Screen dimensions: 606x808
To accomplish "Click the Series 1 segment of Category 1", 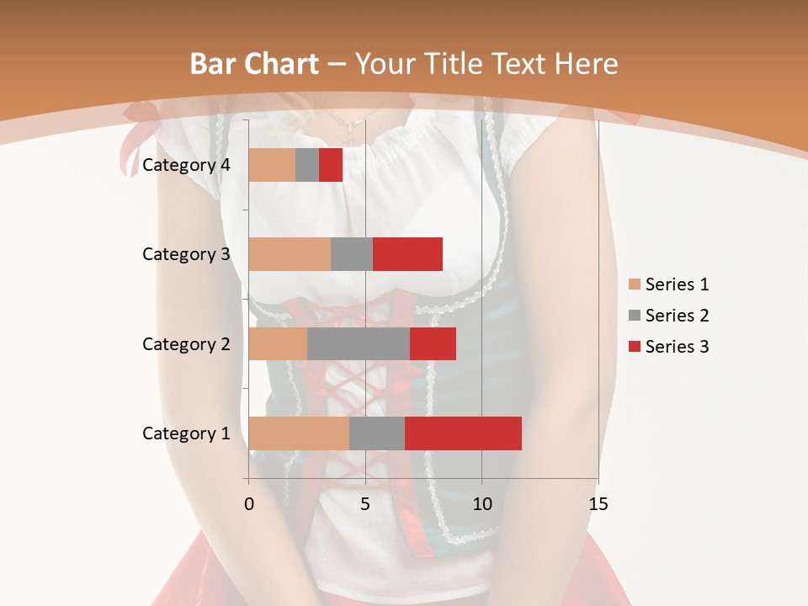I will click(x=299, y=433).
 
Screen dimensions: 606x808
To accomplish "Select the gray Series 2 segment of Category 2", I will click(x=359, y=343).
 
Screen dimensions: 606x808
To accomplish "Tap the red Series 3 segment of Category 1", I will click(x=463, y=433).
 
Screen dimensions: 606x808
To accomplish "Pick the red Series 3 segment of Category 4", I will click(x=331, y=165).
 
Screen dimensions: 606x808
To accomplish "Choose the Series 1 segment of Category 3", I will click(x=290, y=254).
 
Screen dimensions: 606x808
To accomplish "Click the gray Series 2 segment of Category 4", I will click(x=307, y=165).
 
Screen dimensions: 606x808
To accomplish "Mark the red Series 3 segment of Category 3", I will click(x=407, y=254).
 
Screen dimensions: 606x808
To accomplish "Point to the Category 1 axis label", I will click(x=186, y=433).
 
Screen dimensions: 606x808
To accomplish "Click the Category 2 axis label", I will click(x=186, y=344).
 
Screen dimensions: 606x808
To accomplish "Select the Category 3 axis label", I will click(x=186, y=254).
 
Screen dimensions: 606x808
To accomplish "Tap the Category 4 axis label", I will click(x=186, y=165).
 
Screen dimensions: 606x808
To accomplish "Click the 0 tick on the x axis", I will click(x=249, y=504).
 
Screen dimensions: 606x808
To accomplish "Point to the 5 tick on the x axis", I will click(x=365, y=504).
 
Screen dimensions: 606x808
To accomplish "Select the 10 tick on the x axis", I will click(x=481, y=504).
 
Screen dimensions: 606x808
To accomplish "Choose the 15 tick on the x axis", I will click(x=598, y=504).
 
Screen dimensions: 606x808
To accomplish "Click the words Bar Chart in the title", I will click(x=254, y=64).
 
